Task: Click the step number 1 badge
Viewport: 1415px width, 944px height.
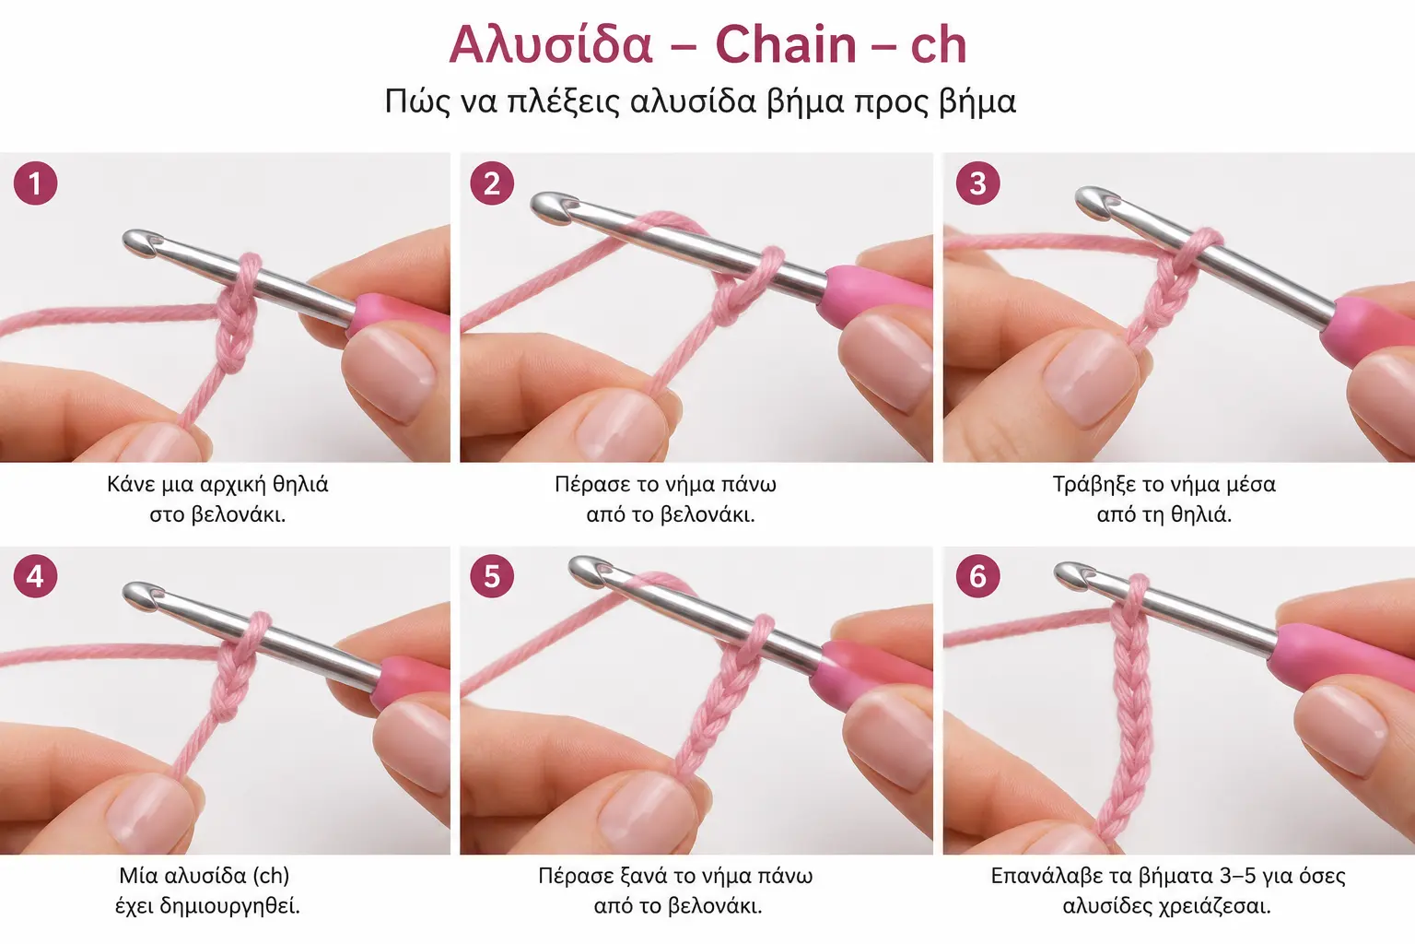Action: (x=35, y=183)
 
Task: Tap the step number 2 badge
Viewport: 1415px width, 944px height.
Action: (x=491, y=183)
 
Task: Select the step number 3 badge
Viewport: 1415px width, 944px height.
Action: (x=977, y=183)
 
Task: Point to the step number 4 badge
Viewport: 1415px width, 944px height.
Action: (x=35, y=576)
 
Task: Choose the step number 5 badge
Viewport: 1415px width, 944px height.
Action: (x=491, y=576)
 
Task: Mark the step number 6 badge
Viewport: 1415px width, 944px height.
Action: (x=977, y=576)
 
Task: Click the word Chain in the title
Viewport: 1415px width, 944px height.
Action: (x=785, y=45)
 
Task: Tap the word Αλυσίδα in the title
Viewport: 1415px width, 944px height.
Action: (x=550, y=45)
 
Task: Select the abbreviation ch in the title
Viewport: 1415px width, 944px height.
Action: (x=938, y=45)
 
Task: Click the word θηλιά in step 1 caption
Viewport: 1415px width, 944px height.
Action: (x=300, y=484)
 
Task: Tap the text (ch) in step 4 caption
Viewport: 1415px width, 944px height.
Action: (x=270, y=876)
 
